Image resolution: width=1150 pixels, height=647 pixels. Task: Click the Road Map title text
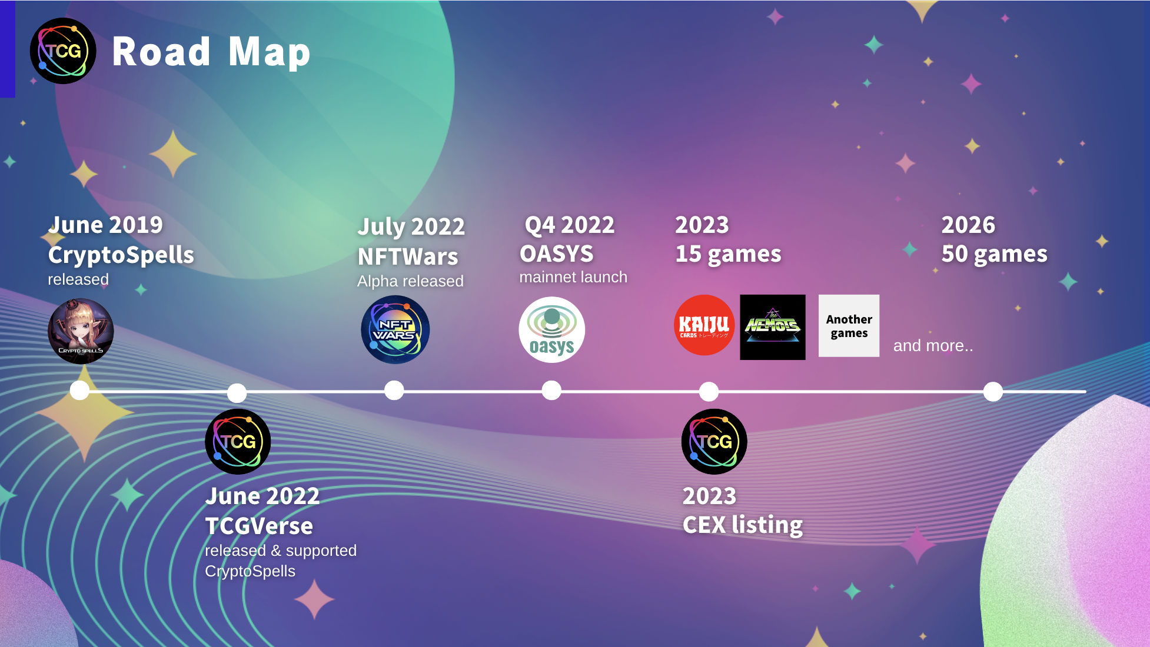[211, 52]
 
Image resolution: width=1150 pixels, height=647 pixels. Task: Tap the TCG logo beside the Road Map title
[63, 51]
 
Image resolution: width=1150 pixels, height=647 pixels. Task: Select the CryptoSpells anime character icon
[81, 331]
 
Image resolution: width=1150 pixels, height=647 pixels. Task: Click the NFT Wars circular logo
[395, 329]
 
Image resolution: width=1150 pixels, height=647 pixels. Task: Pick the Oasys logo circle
[551, 329]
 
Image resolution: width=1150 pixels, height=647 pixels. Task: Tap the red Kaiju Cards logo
[704, 325]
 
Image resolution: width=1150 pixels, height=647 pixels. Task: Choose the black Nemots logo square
[773, 327]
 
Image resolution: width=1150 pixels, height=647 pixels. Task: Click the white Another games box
[849, 326]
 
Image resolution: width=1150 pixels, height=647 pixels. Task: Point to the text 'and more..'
[933, 346]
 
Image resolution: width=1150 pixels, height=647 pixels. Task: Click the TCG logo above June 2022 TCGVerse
[238, 442]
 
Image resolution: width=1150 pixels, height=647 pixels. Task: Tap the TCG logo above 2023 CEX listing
[714, 442]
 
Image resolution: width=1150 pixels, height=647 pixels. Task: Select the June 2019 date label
[105, 225]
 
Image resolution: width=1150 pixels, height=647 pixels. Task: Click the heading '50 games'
[994, 254]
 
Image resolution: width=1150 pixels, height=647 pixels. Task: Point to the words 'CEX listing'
[743, 525]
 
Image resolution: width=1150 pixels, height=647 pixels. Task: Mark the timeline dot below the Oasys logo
[551, 391]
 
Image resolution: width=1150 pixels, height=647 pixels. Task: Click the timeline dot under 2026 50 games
[993, 391]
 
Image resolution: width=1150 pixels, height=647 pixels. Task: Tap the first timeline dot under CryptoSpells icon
[79, 391]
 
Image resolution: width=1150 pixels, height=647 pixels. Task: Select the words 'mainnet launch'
[573, 277]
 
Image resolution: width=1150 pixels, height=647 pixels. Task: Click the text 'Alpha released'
[410, 281]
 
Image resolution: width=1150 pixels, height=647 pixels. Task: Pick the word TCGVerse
[259, 526]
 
